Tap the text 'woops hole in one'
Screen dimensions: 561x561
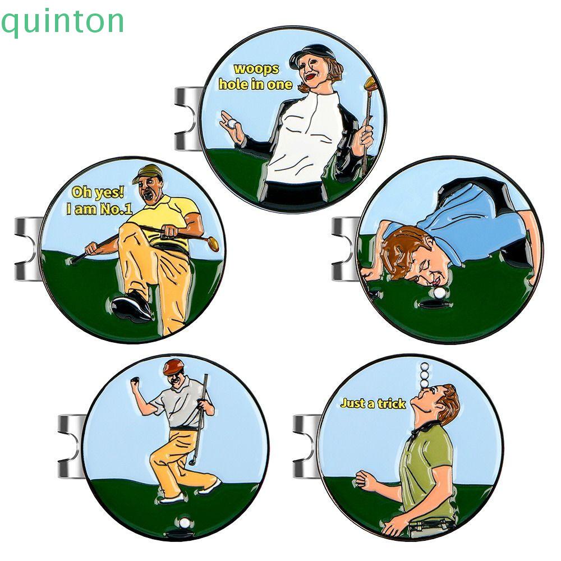click(255, 77)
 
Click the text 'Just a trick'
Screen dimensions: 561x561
click(373, 403)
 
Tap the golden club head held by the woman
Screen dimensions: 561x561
click(371, 85)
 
